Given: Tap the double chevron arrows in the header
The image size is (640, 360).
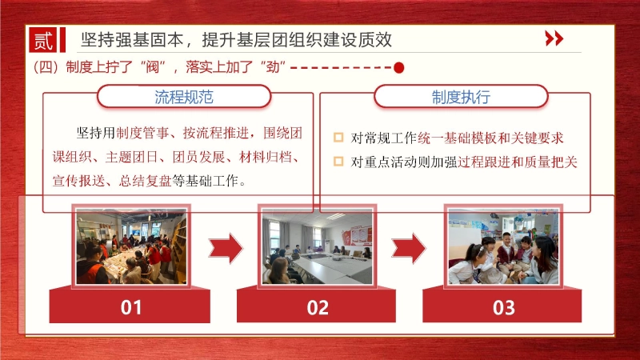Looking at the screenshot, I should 554,38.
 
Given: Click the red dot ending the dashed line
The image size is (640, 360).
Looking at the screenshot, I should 398,68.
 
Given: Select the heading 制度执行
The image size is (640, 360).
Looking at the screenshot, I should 462,98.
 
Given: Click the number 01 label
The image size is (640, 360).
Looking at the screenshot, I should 131,307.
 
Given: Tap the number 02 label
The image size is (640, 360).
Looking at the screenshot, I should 318,307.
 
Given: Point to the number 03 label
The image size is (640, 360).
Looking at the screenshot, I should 504,307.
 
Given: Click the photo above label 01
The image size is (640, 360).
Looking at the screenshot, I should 131,246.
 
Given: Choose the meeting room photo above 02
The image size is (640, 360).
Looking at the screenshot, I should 318,246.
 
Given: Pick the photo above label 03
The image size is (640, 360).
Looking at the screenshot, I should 504,246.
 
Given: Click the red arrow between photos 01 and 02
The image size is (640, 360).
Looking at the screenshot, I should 225,248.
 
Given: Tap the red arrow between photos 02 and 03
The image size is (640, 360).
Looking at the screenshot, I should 409,248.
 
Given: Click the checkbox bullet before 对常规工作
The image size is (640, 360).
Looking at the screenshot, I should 338,138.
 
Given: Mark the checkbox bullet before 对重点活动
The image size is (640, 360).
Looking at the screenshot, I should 338,162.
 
